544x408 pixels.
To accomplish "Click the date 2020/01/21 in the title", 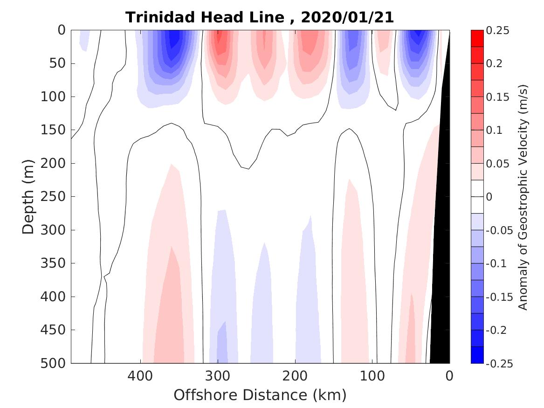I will tap(347, 18).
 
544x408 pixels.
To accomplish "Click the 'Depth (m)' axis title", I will tap(28, 197).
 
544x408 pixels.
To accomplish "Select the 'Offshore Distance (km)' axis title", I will tap(260, 395).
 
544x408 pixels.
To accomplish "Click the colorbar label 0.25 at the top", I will tap(497, 30).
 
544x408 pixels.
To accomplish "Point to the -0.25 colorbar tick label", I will tap(499, 364).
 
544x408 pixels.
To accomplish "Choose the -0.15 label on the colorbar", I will tap(499, 297).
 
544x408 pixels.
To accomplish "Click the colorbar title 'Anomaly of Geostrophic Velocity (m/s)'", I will tap(523, 197).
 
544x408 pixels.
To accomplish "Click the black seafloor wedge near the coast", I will tap(441, 280).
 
